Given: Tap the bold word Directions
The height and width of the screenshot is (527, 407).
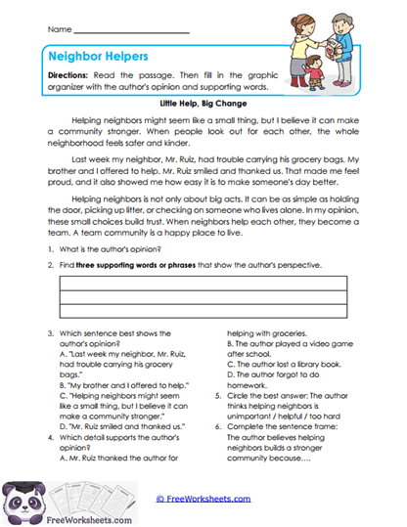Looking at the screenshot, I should (x=76, y=75).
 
